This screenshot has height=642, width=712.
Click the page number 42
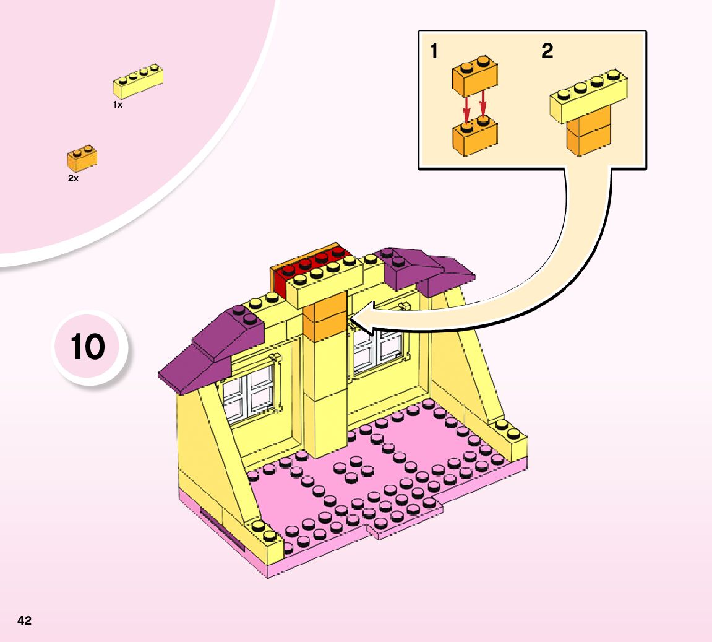point(25,620)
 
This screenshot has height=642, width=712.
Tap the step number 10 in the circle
point(88,347)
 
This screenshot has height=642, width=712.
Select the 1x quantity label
point(118,105)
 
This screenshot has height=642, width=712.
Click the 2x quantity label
point(73,178)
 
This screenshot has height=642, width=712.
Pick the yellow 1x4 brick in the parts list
point(139,81)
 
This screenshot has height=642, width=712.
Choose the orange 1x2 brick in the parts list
point(82,158)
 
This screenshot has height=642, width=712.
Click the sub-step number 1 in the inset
point(434,52)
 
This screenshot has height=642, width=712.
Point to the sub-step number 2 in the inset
point(547,52)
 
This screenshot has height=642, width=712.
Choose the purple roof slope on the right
point(427,269)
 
